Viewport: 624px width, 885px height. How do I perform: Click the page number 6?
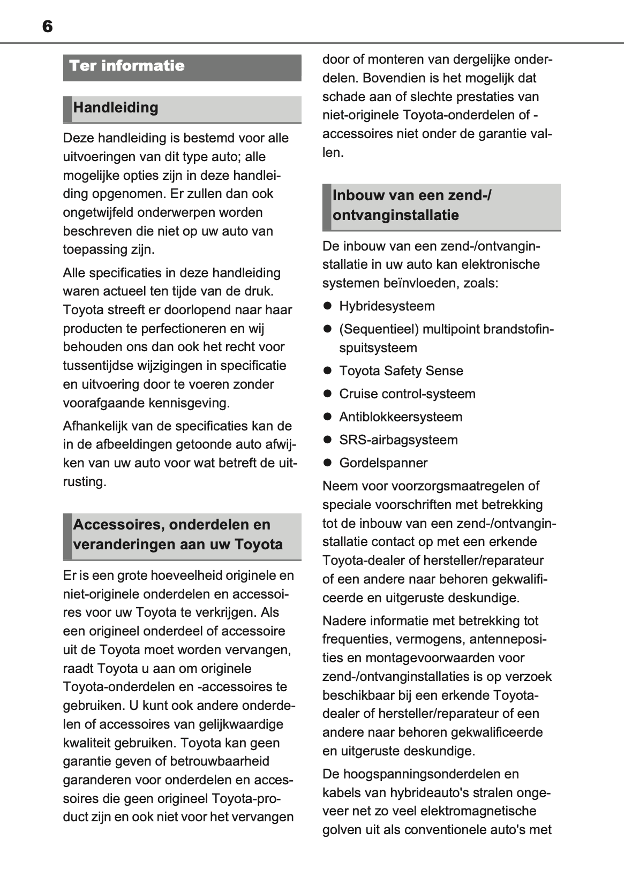click(47, 26)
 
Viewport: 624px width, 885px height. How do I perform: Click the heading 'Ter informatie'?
click(127, 66)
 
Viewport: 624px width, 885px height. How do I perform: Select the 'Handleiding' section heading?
click(116, 108)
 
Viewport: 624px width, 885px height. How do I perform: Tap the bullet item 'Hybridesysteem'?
click(387, 306)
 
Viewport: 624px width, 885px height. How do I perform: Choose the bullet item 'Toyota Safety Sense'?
click(401, 371)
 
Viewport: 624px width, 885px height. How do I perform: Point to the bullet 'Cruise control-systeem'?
click(407, 394)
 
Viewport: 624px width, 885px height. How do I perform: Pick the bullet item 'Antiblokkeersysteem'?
click(401, 417)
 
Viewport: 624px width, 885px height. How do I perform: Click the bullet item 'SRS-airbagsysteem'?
click(399, 440)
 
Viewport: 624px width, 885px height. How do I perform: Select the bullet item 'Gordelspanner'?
click(384, 463)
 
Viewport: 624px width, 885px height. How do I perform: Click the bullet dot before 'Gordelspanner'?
click(328, 463)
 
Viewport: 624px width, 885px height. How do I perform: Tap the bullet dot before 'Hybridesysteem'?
click(328, 306)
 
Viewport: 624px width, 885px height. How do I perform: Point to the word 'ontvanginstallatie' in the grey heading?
click(396, 216)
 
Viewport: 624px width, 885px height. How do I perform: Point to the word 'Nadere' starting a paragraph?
click(342, 621)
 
